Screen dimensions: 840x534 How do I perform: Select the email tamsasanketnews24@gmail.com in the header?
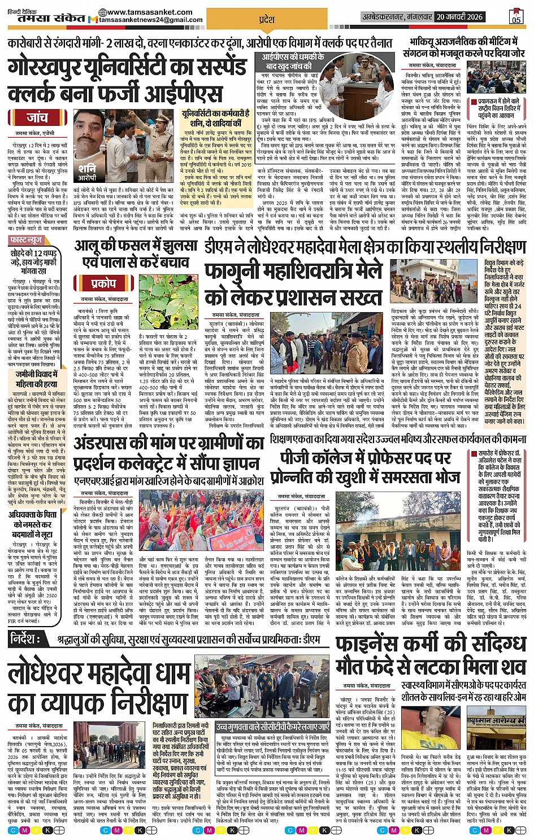click(150, 20)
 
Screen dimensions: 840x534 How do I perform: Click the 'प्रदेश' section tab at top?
click(266, 19)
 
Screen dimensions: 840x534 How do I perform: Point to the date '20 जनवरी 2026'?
click(459, 17)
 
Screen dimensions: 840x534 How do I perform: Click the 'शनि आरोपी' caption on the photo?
click(87, 172)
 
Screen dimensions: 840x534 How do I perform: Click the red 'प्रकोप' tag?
click(103, 283)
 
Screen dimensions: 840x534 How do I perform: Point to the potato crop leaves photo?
click(168, 301)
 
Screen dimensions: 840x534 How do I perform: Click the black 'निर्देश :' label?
click(25, 639)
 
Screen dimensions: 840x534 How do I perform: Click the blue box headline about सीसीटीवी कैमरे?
click(272, 727)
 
